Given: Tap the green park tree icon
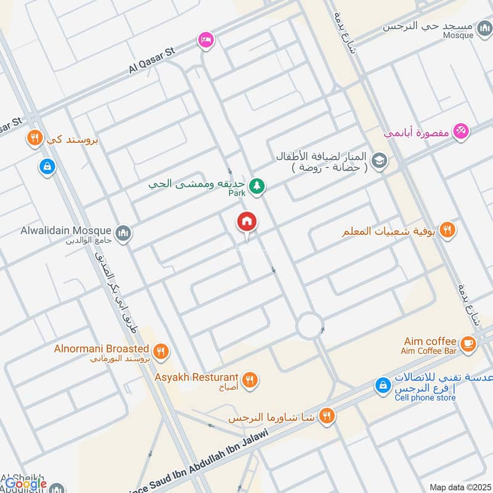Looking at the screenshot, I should click(257, 185).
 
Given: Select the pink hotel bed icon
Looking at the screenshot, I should click(205, 40).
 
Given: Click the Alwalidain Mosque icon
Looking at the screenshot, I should click(124, 232).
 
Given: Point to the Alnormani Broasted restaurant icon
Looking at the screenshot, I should click(161, 351).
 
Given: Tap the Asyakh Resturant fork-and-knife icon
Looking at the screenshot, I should click(250, 380).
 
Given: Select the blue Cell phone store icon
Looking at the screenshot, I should click(383, 386).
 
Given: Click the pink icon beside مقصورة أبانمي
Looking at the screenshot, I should click(461, 131).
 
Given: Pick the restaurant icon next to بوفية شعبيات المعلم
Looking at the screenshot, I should click(448, 230).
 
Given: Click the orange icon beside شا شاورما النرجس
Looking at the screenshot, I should click(327, 417).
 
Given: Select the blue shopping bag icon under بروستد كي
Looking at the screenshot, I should click(47, 166).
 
